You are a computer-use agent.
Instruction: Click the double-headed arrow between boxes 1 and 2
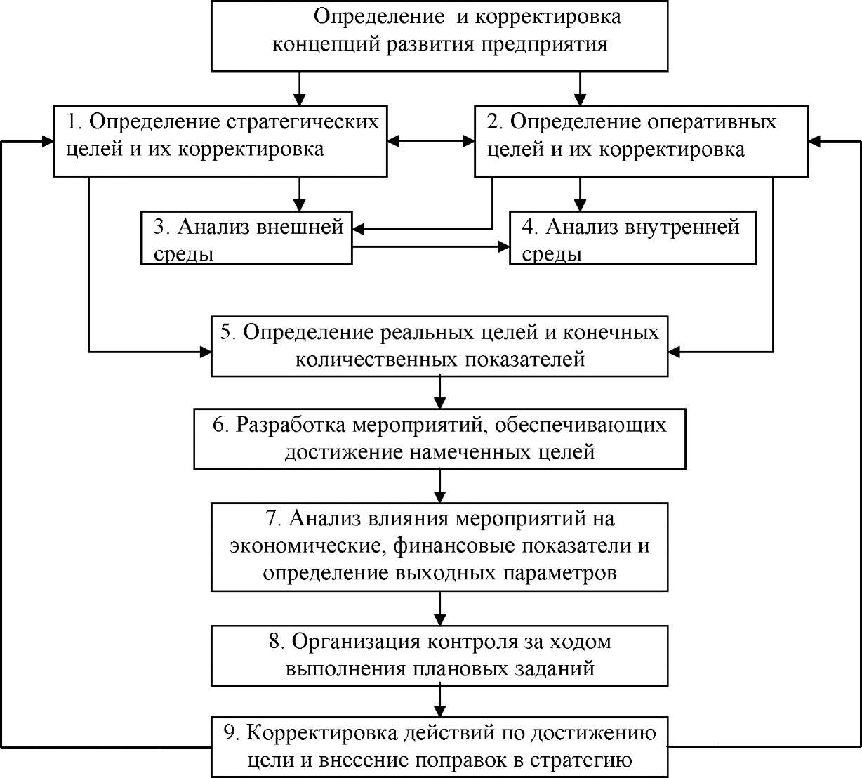click(430, 141)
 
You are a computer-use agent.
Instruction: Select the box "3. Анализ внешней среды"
click(246, 238)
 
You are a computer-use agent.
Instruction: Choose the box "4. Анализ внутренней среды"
click(632, 238)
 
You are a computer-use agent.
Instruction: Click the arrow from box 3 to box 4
click(430, 246)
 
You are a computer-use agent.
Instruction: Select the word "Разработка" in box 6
click(291, 426)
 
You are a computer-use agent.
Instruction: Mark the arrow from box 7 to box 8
click(439, 608)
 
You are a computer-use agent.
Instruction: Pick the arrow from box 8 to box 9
click(439, 701)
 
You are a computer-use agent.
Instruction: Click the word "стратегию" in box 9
click(581, 760)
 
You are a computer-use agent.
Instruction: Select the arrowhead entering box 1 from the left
click(48, 141)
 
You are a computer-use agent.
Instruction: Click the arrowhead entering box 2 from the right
click(814, 141)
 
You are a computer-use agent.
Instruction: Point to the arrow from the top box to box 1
click(299, 88)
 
